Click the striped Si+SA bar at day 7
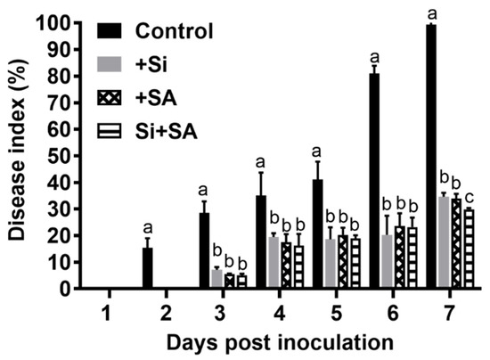(469, 250)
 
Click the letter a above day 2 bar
(148, 227)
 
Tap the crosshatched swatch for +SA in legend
(106, 99)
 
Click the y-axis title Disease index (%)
(18, 156)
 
